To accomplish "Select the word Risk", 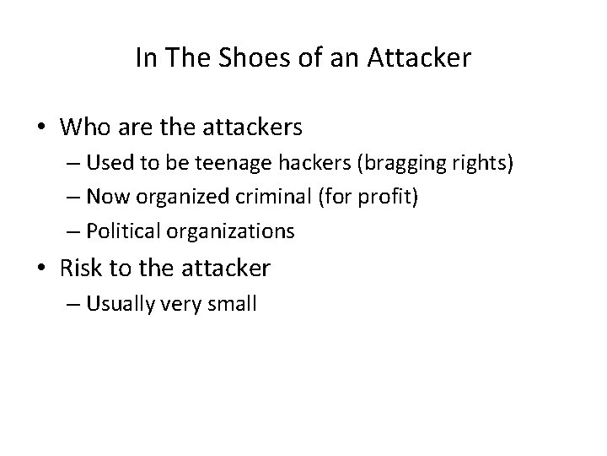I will click(x=81, y=268).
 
